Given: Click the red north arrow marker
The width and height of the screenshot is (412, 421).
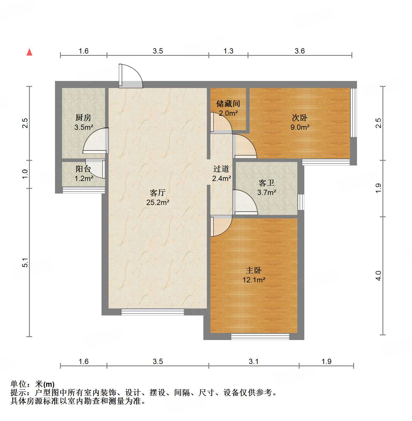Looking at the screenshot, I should (29, 52).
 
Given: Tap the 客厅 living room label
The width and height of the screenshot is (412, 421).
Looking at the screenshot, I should (158, 193).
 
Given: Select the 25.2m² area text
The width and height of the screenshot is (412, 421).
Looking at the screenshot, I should (158, 202).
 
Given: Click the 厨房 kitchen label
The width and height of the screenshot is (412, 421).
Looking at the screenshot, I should (83, 118).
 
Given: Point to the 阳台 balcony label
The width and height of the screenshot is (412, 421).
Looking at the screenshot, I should (83, 169).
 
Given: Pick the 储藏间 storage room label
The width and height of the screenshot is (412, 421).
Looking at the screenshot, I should (228, 103).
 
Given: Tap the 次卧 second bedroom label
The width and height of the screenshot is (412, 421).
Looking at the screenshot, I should (300, 118).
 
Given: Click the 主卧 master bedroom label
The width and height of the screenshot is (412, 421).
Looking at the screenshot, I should (254, 270).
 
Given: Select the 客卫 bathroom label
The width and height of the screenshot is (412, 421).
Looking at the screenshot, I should (267, 183).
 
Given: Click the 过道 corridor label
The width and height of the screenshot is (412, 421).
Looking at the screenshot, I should (221, 169).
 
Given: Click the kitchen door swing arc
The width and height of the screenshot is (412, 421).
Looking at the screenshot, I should (95, 141).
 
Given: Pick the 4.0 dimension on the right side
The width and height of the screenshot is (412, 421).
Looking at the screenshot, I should (379, 276).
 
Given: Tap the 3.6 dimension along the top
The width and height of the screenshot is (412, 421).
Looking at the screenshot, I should (300, 51).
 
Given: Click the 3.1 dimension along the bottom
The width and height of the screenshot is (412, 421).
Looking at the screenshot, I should (254, 362).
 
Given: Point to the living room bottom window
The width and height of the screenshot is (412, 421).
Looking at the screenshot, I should (152, 312).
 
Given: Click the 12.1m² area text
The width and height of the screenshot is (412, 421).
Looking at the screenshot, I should (254, 280).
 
